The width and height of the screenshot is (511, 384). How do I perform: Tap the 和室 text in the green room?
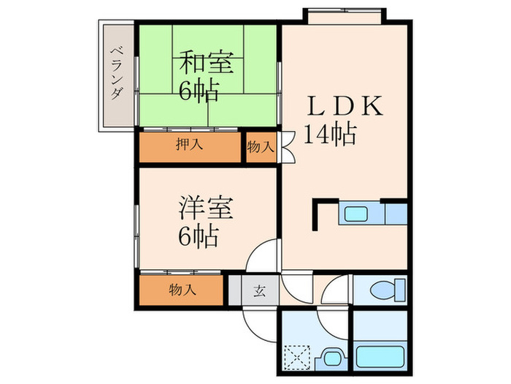tap(207, 63)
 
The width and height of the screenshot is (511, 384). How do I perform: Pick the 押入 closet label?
tap(190, 145)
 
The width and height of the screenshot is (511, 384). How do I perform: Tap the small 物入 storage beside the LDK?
tap(260, 147)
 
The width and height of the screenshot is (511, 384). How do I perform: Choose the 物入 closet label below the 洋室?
tap(182, 290)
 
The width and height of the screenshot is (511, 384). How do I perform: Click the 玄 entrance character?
tap(259, 290)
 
